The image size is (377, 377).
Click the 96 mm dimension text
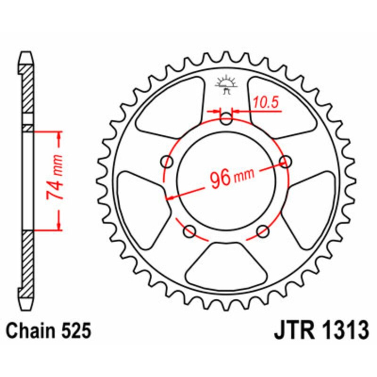pos(230,178)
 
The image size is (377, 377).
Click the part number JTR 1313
pos(321,330)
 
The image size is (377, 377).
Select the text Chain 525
pos(49,331)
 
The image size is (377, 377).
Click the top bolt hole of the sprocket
pos(227,119)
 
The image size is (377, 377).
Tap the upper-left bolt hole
pos(167,162)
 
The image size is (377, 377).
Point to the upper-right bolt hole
pos(285,162)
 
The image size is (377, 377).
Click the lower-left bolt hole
pos(190,231)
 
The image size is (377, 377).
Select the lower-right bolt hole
pos(263,231)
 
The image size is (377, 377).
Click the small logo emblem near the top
pos(227,85)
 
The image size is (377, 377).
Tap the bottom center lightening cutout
pos(226,267)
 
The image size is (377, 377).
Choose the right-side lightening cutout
pos(314,203)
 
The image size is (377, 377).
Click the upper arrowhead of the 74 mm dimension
pos(59,137)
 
